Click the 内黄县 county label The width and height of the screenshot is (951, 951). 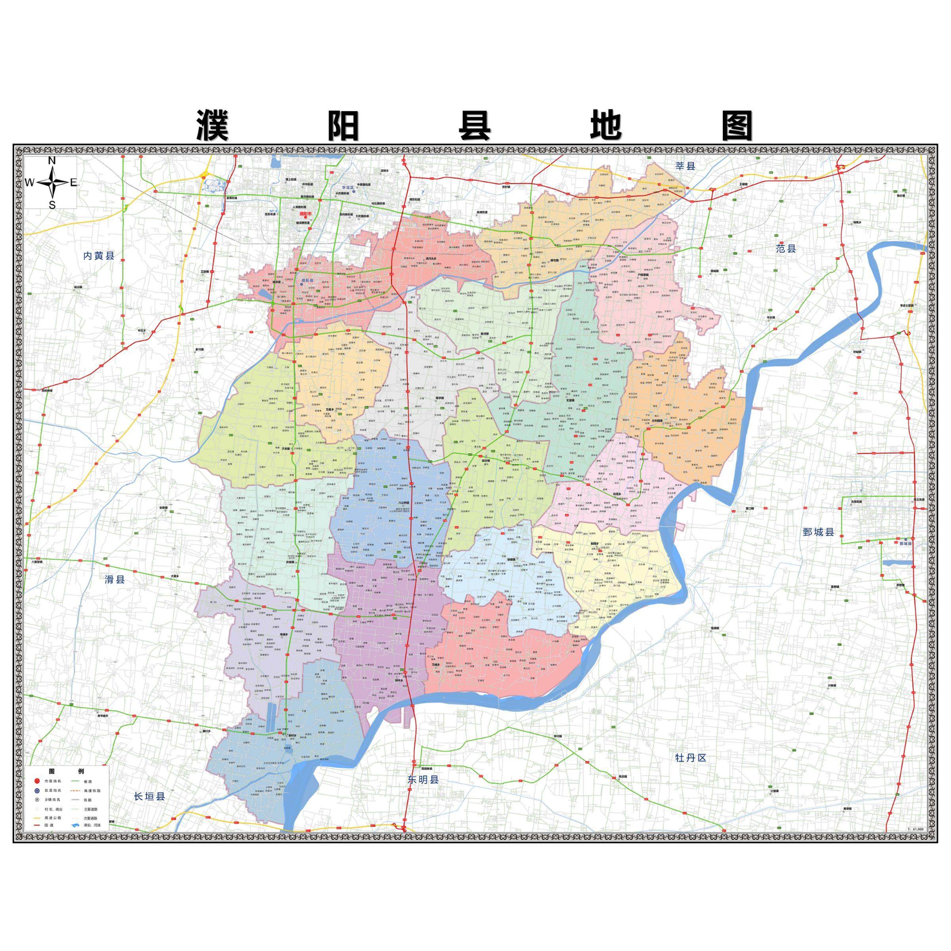pos(98,256)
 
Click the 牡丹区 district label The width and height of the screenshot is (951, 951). pos(691,758)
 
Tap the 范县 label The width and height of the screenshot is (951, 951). pos(786,248)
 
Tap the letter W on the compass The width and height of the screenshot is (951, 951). pos(30,183)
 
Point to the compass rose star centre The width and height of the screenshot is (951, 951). pos(52,183)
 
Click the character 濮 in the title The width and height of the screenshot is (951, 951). pos(212,125)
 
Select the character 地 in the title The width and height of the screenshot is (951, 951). pos(606,125)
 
